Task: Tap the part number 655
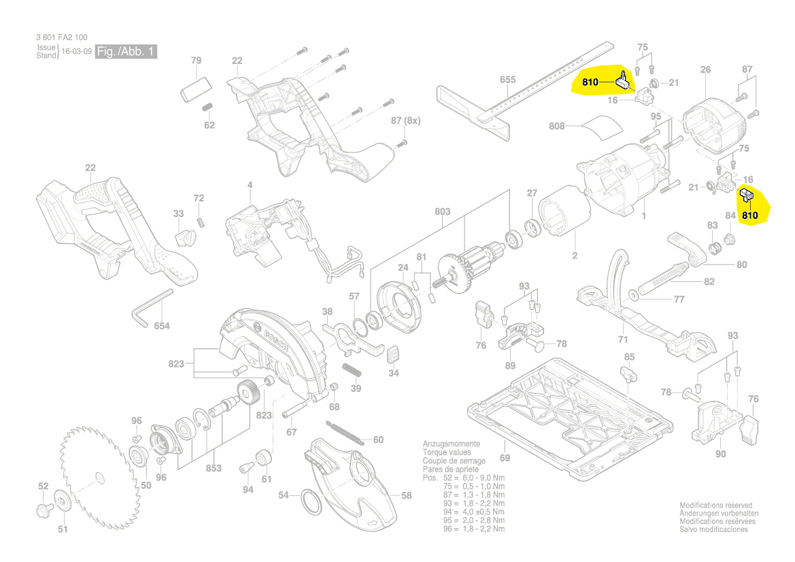coord(507,80)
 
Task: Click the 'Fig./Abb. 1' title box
coord(126,52)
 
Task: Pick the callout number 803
coord(443,212)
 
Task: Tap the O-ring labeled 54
coord(312,505)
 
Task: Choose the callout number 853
coord(214,468)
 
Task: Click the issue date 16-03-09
coord(77,52)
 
